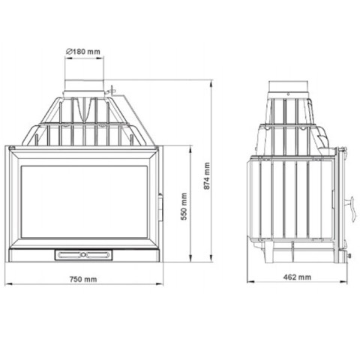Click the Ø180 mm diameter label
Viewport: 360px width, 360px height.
click(x=83, y=52)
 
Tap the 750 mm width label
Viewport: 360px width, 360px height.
click(x=83, y=279)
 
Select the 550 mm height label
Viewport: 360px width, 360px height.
click(x=184, y=206)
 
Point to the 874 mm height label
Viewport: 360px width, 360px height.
click(x=207, y=175)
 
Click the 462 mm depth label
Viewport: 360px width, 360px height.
click(x=297, y=277)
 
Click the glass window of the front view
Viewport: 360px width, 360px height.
click(x=84, y=202)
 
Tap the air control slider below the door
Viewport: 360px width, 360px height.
click(x=83, y=255)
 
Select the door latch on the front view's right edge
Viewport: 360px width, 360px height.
click(x=160, y=207)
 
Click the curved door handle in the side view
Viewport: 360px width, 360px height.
click(x=352, y=209)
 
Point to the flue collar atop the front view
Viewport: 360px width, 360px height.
click(x=84, y=88)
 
